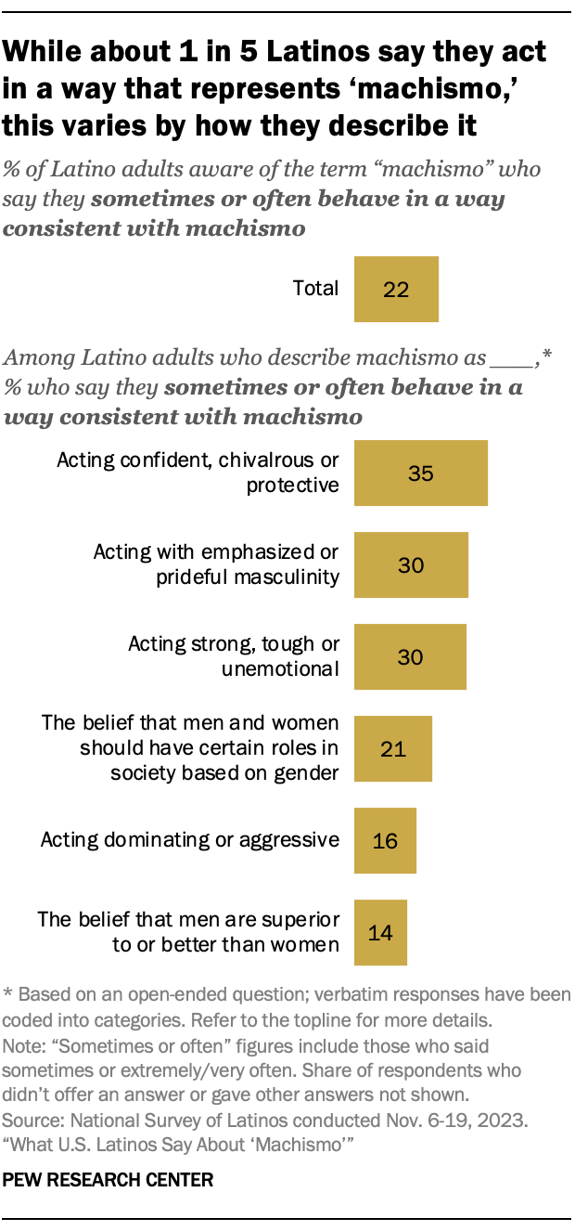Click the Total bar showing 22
pos(396,289)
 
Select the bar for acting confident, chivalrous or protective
pos(420,473)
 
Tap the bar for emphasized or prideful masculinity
pos(411,564)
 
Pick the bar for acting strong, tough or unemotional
pos(410,656)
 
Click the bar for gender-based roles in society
pos(393,748)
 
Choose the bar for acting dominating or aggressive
pos(385,840)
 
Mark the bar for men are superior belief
pos(380,932)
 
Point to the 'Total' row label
pos(315,289)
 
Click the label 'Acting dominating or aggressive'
pos(189,840)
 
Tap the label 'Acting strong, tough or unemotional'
pos(234,656)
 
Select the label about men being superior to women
pos(188,932)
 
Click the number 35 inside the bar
pos(420,473)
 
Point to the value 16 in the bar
pos(385,840)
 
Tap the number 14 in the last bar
pos(380,932)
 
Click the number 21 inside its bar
pos(393,748)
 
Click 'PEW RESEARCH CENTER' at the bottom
pos(109,1180)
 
